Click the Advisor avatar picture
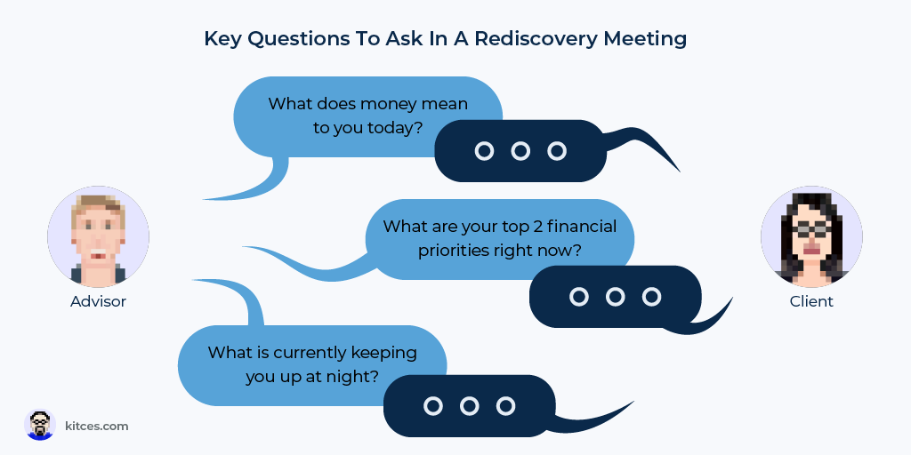98,236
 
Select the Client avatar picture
811,236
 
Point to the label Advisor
98,302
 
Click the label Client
811,302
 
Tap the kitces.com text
96,426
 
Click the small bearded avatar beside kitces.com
40,425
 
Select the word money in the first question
390,105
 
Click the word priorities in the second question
454,251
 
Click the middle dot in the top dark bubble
520,151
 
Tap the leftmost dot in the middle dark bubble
578,297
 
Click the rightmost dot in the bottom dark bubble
505,405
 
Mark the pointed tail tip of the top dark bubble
680,172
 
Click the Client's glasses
811,229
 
